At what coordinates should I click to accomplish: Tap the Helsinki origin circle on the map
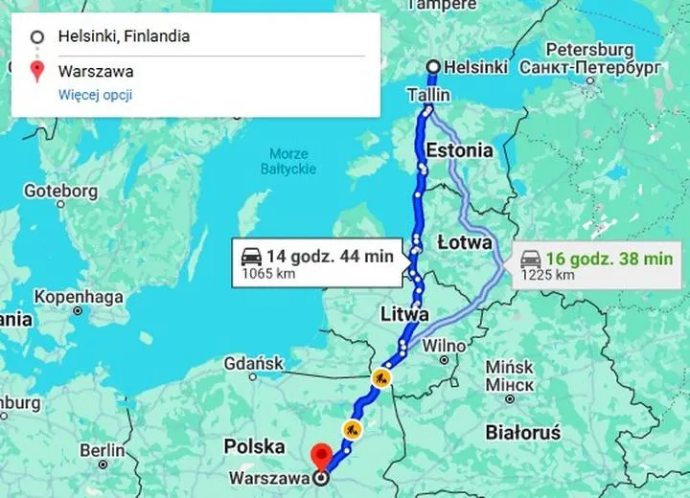click(x=433, y=66)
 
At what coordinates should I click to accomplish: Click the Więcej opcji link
click(x=95, y=94)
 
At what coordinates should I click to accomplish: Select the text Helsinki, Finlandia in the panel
click(x=124, y=37)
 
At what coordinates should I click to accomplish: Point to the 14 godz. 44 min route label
click(x=329, y=255)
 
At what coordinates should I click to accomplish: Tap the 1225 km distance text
click(x=548, y=276)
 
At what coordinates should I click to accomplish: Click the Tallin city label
click(x=428, y=96)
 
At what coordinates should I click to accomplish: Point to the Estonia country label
click(x=459, y=150)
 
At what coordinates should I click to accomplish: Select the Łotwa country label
click(x=465, y=241)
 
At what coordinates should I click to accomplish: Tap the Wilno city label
click(x=445, y=345)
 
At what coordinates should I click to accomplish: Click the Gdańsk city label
click(x=253, y=364)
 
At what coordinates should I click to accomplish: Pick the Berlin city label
click(x=103, y=450)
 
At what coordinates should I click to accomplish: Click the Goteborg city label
click(x=60, y=192)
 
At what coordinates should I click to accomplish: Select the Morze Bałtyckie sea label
click(x=288, y=161)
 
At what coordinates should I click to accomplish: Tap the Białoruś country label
click(x=522, y=432)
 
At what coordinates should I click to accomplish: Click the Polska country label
click(x=254, y=446)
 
